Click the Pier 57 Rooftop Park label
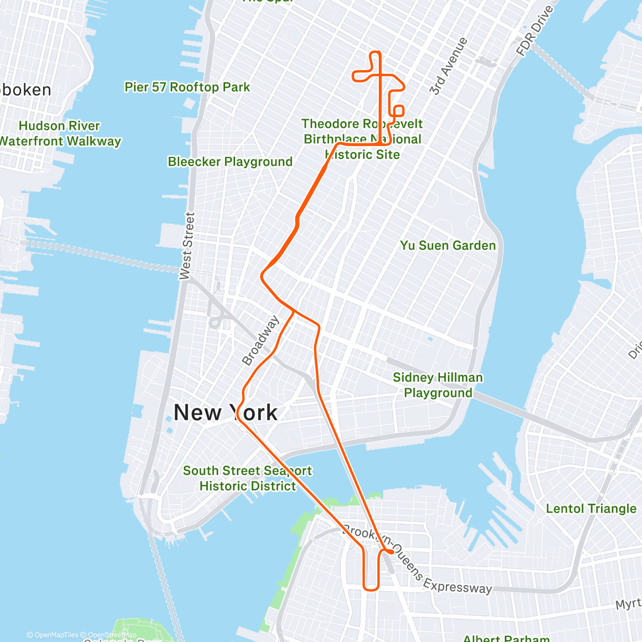187,87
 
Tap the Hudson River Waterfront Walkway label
59,134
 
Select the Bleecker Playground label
230,162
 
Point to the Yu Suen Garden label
448,246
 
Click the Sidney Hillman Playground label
438,385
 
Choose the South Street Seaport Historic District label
247,478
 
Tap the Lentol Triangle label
591,509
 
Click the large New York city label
226,413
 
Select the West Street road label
187,246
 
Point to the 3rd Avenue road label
448,67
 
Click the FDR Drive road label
535,30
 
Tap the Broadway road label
261,341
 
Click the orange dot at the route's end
392,552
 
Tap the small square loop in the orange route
398,110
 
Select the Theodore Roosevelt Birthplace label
362,139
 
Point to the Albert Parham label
506,638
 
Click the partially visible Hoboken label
26,90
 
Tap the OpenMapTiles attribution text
52,635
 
